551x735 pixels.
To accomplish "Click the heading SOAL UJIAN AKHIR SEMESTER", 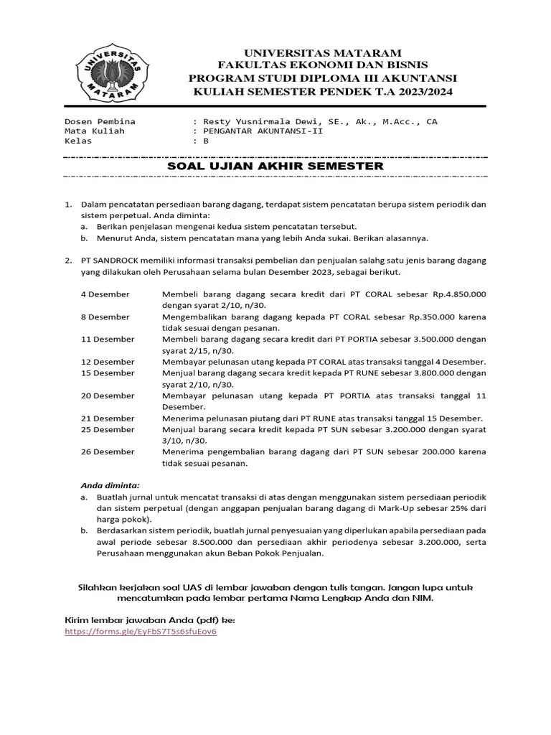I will (275, 166).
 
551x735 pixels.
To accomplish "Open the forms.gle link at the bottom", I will (140, 632).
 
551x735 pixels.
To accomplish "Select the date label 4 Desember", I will (105, 294).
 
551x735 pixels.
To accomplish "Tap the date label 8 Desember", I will (105, 317).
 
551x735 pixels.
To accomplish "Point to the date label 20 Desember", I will (107, 395).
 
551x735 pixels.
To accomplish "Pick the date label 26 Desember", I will (107, 451).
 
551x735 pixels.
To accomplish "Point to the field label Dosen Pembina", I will (100, 121).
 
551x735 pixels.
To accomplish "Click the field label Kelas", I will (79, 141).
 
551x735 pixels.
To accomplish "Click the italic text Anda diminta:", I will (110, 484).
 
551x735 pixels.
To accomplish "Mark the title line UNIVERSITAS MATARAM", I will (324, 54).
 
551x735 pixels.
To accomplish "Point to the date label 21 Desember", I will (107, 418).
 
